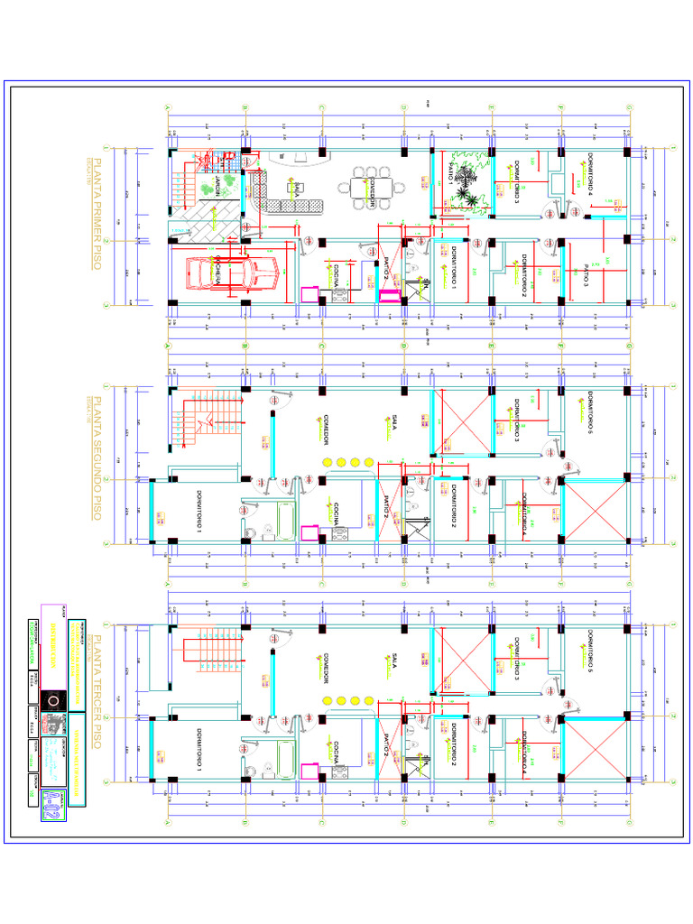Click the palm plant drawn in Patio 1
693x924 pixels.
click(467, 184)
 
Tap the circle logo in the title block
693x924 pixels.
click(54, 701)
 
